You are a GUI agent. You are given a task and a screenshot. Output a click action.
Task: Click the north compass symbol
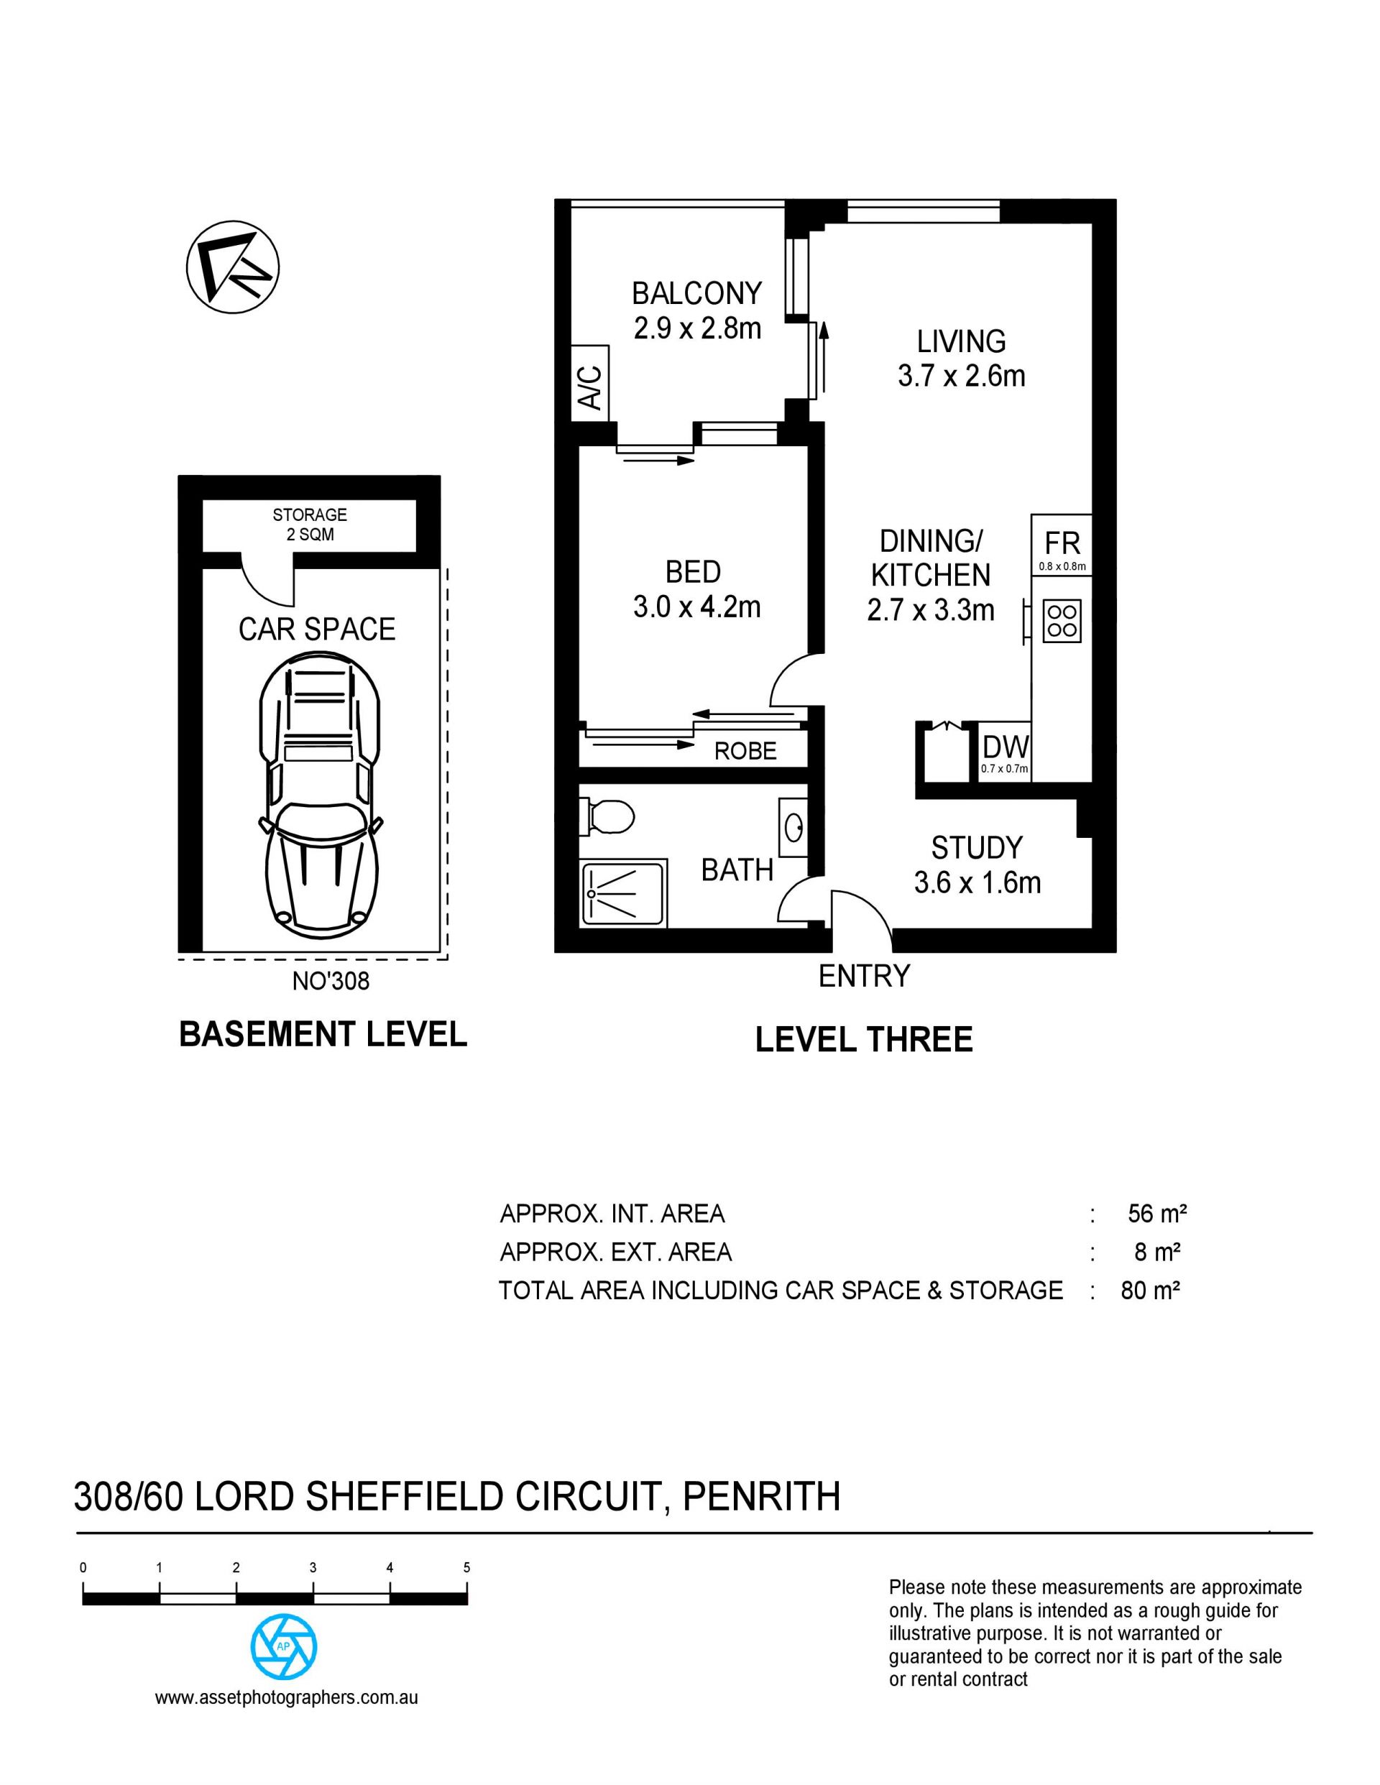(x=233, y=267)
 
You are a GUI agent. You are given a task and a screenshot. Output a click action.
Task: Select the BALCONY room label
(x=696, y=292)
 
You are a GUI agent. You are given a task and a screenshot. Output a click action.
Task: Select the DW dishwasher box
(x=1005, y=750)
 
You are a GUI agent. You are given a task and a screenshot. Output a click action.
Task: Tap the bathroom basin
(x=793, y=828)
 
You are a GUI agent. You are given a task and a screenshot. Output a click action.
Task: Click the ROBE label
(x=745, y=751)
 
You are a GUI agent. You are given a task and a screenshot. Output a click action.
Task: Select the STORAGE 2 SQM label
(x=310, y=525)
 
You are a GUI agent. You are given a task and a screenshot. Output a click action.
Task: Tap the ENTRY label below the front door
(x=864, y=976)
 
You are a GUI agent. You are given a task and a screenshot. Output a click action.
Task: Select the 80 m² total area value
(x=1150, y=1291)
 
